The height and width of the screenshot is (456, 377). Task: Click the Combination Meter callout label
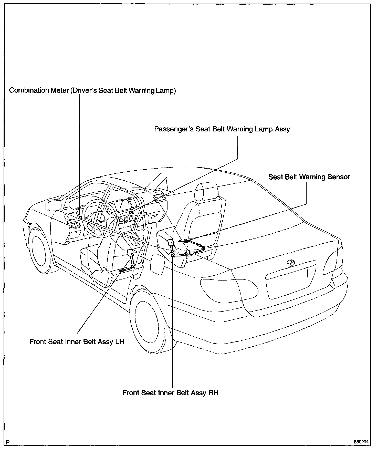(92, 91)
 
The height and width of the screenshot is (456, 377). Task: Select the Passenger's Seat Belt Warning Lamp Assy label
(222, 129)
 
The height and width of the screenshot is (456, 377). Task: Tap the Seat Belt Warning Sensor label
(309, 177)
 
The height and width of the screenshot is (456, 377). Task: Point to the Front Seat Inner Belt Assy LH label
(77, 341)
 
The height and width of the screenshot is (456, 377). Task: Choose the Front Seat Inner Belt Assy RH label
(170, 392)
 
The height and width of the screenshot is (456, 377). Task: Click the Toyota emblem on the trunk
(290, 263)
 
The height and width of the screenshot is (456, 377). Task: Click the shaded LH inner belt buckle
(130, 253)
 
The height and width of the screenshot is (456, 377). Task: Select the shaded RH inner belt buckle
(170, 243)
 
